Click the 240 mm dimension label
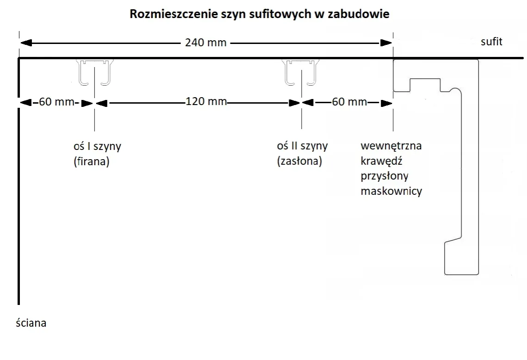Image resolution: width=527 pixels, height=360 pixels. pos(206,43)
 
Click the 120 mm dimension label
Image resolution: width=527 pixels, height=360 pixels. pos(206,101)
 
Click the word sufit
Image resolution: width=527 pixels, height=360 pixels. pos(491,42)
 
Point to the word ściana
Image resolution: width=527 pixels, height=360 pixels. pos(31,323)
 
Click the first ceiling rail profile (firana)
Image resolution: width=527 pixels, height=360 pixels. pos(95,73)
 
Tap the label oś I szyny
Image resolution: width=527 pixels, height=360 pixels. pos(94,146)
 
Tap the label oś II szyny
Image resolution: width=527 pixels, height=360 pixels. pos(302,146)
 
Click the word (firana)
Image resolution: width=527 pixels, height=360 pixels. pos(91,162)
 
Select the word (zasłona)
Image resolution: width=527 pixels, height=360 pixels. pos(299,162)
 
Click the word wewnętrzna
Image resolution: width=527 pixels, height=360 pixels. pos(391,146)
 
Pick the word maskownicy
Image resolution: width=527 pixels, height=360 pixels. pos(391,191)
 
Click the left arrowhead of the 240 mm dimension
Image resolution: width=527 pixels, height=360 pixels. pos(26,43)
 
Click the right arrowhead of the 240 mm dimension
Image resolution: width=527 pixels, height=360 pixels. pos(386,43)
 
